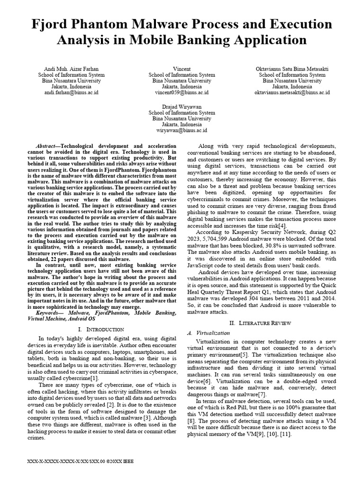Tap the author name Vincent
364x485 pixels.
[x=182, y=69]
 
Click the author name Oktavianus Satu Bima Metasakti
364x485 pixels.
[x=292, y=69]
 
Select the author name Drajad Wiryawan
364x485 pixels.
[x=182, y=107]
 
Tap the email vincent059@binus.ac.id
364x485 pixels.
[x=182, y=93]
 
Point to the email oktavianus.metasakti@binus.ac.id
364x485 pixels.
[x=292, y=93]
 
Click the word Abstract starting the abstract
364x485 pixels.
[x=47, y=146]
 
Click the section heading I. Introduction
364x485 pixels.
[x=101, y=329]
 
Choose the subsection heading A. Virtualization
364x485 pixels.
[x=209, y=333]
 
